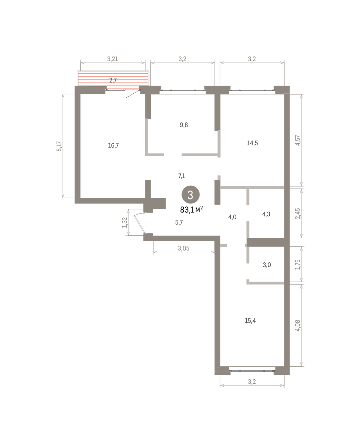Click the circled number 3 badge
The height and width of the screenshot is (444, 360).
pyautogui.click(x=190, y=195)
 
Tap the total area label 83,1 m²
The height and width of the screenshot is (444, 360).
pyautogui.click(x=191, y=210)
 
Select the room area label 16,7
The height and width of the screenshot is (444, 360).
pyautogui.click(x=113, y=145)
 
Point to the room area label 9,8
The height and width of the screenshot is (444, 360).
pyautogui.click(x=184, y=125)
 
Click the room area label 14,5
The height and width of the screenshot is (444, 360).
pyautogui.click(x=252, y=143)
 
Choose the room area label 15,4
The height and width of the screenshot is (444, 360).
pyautogui.click(x=250, y=320)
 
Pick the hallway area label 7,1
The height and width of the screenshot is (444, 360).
pyautogui.click(x=181, y=176)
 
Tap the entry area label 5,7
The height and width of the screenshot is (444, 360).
pyautogui.click(x=179, y=222)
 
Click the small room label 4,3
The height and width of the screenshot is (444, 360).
pyautogui.click(x=266, y=214)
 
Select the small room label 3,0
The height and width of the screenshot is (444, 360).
pyautogui.click(x=267, y=265)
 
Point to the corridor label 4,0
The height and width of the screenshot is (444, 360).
pyautogui.click(x=232, y=217)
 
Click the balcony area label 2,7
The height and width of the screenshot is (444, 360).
pyautogui.click(x=113, y=80)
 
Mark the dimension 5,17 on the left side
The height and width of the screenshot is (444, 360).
pyautogui.click(x=59, y=146)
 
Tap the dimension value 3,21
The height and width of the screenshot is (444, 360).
pyautogui.click(x=113, y=59)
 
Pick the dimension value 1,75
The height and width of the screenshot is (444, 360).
pyautogui.click(x=297, y=265)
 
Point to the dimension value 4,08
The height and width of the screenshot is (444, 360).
pyautogui.click(x=297, y=325)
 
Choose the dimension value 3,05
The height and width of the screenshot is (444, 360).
pyautogui.click(x=183, y=248)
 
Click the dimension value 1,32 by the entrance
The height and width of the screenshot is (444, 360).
pyautogui.click(x=124, y=222)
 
